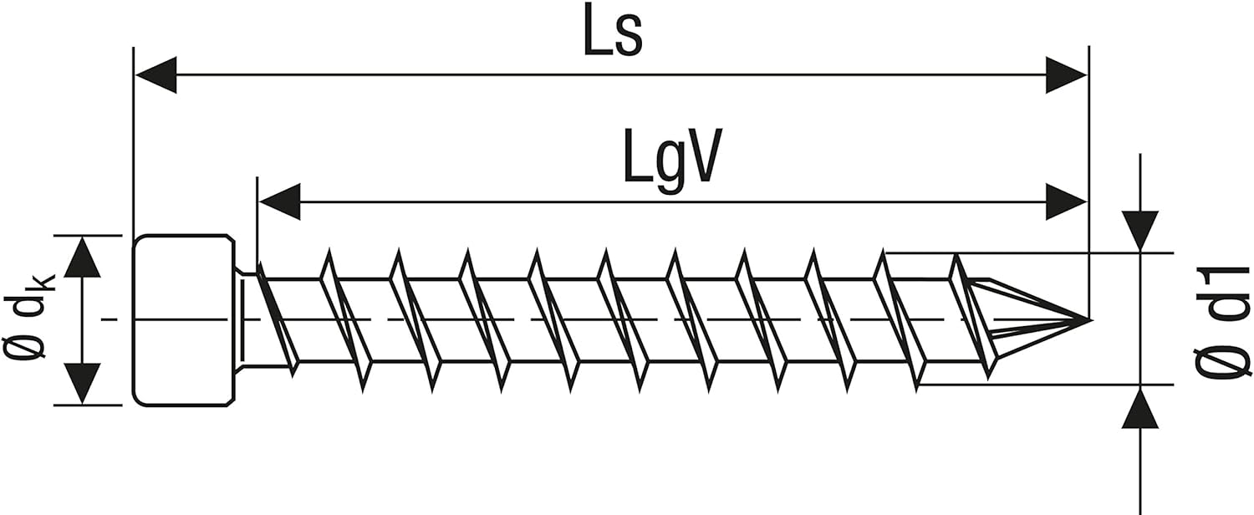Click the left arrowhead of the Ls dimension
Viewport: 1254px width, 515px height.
pos(155,75)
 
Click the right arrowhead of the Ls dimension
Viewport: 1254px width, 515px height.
pos(1066,75)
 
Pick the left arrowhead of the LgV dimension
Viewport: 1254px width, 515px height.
pos(279,202)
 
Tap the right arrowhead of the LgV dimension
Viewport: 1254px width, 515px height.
pos(1066,202)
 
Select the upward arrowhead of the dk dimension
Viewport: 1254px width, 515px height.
pos(82,257)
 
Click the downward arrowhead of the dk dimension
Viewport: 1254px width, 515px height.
pos(82,384)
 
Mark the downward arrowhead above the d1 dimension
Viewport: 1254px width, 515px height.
pos(1140,231)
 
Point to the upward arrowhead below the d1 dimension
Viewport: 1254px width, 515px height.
pos(1140,410)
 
